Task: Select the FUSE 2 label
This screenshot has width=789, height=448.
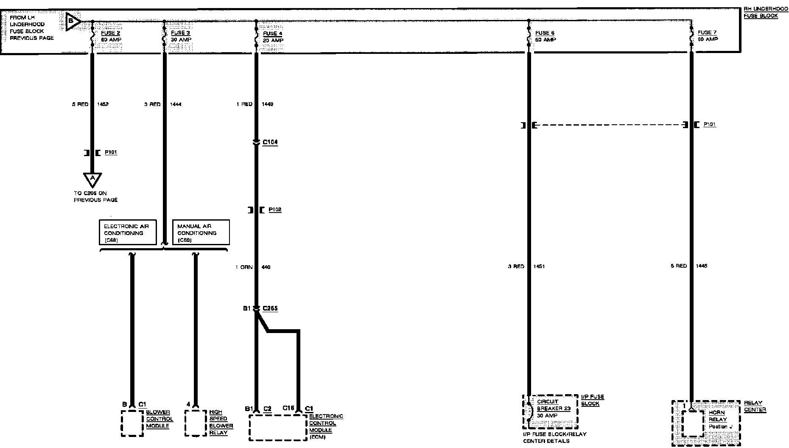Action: [110, 33]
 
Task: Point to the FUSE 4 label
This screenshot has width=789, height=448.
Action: [272, 34]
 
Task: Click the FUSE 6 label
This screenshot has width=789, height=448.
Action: [545, 33]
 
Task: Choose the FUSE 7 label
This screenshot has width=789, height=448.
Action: [708, 33]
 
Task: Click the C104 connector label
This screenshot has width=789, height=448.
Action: [270, 142]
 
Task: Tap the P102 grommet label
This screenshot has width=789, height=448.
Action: [275, 210]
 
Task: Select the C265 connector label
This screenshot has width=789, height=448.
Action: [270, 308]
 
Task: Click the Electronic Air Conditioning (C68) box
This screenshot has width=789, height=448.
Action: [128, 232]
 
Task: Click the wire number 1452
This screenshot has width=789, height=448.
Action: [103, 104]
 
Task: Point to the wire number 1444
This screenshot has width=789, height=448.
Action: [175, 104]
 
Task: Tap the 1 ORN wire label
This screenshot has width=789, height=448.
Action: [244, 267]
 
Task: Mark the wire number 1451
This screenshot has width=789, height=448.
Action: [539, 266]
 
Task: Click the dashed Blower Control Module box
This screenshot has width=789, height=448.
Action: [132, 423]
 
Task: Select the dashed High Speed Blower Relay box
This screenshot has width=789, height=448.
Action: [196, 423]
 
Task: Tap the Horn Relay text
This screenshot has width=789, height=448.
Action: [717, 416]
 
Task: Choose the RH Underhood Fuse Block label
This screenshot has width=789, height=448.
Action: [765, 12]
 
